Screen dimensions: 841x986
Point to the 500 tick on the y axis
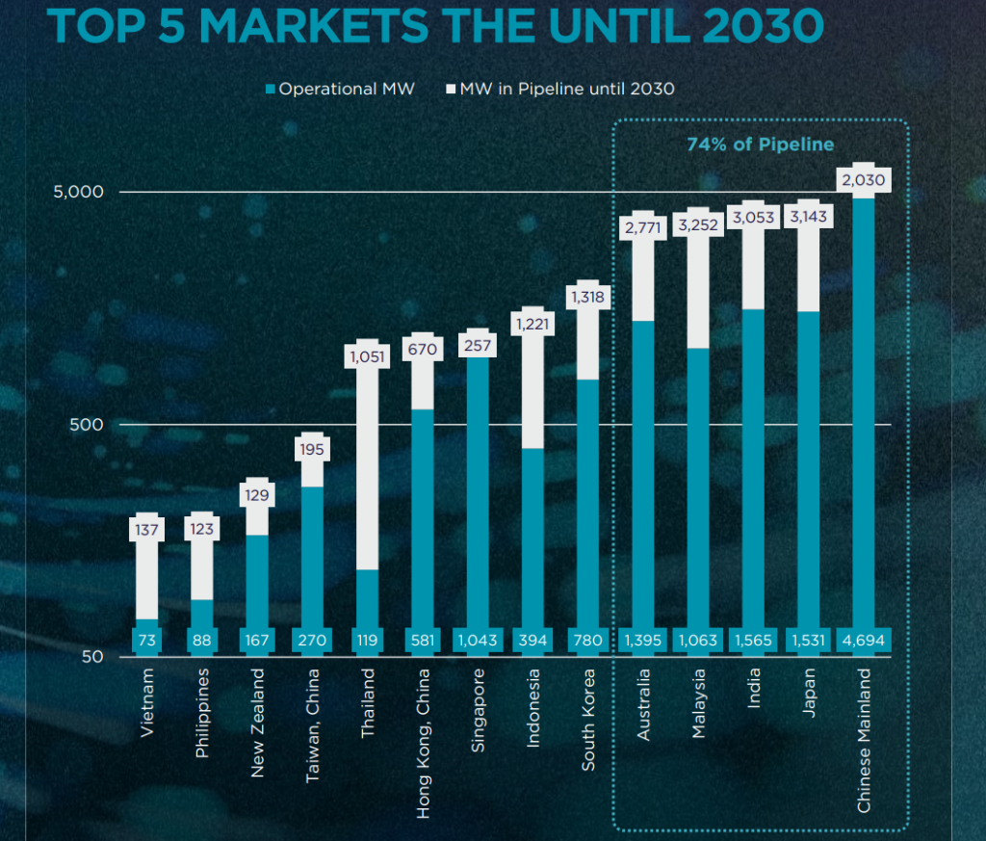[x=89, y=424]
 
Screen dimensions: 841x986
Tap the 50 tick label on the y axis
[x=92, y=657]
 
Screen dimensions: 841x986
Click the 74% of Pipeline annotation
[x=759, y=145]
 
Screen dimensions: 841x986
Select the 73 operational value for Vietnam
[x=147, y=640]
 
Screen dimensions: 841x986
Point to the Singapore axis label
[x=479, y=710]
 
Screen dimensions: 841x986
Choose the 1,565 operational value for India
[x=753, y=640]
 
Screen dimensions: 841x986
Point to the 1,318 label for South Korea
[x=587, y=297]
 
